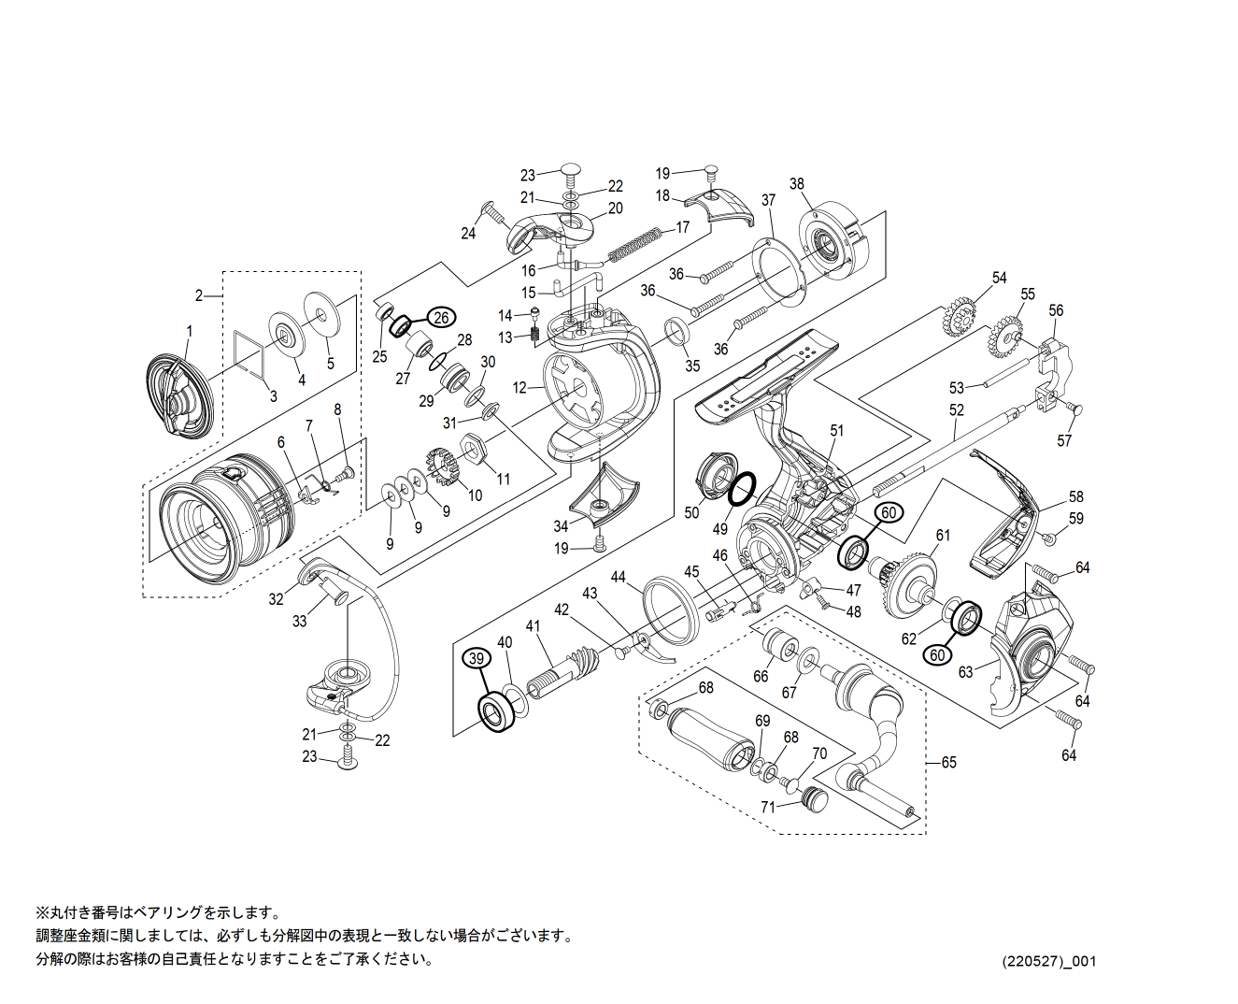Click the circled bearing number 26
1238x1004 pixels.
tap(442, 317)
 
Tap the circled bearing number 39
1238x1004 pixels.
tap(477, 658)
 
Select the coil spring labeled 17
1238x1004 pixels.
tap(635, 243)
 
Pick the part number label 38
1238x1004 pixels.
tap(796, 184)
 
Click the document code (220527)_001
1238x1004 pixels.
tap(1049, 961)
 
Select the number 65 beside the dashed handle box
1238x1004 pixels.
tap(948, 763)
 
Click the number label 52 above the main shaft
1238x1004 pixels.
tap(956, 410)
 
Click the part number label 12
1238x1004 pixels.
tap(520, 387)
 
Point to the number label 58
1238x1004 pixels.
tap(1075, 497)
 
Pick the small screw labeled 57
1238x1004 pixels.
tap(1074, 409)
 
